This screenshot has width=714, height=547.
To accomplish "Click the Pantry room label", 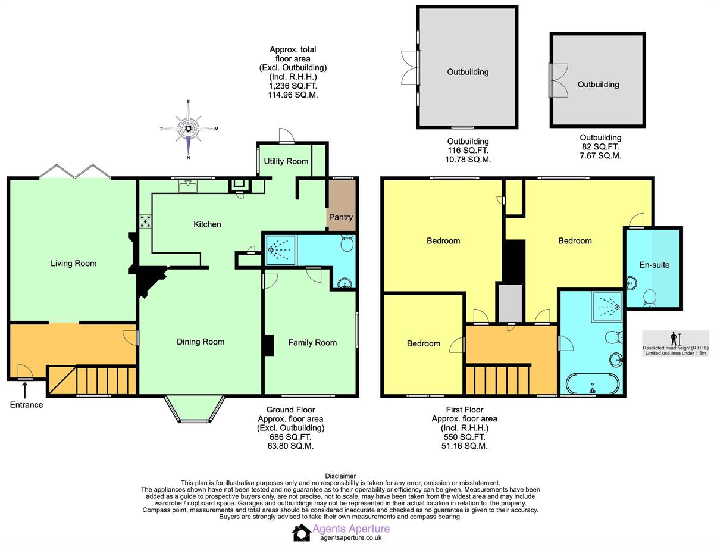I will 342,217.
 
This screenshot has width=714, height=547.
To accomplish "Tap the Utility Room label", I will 286,161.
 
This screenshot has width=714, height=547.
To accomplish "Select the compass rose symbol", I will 188,129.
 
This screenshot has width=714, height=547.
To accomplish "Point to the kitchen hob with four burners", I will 145,222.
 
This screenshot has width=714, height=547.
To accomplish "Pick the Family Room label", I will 312,342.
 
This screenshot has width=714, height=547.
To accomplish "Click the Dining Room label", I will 201,342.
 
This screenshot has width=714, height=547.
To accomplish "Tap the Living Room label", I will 73,263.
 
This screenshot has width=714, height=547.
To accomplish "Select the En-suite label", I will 654,265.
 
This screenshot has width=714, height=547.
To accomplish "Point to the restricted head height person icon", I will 674,339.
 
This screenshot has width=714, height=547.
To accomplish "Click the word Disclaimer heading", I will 341,476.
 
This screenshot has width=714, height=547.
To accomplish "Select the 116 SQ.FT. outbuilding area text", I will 468,151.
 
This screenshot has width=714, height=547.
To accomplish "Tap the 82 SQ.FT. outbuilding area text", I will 599,146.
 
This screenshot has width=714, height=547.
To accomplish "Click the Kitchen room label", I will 207,224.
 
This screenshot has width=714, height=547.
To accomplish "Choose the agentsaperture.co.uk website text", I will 350,537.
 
